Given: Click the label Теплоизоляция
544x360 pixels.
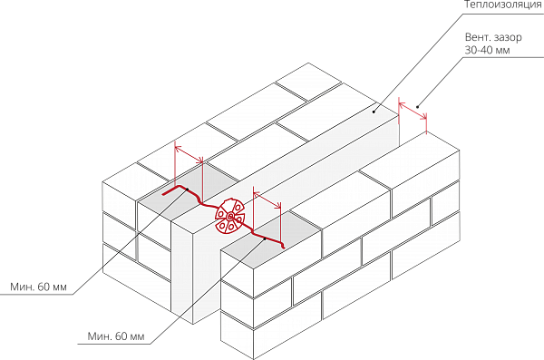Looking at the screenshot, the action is tap(504, 5).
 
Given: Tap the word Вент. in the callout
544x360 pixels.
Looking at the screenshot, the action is tap(477, 37).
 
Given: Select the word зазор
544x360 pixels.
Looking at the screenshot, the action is tap(508, 37).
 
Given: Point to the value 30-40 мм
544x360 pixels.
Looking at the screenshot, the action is tap(488, 50).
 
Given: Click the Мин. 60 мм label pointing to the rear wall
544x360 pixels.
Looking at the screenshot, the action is tap(38, 287).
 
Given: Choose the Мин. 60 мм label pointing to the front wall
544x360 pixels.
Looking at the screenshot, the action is tap(116, 336).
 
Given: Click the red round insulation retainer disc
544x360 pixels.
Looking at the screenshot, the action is tap(230, 218).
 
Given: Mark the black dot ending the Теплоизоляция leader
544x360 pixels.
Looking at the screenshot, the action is tap(374, 112).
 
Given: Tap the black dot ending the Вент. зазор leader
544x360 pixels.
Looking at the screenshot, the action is tap(417, 107).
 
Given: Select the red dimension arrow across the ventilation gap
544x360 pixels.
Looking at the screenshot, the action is tap(413, 111).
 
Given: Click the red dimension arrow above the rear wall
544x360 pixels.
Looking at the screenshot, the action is tap(189, 154).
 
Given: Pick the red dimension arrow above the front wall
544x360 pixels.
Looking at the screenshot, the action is tap(267, 199).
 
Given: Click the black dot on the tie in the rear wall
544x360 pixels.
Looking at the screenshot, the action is tap(187, 190).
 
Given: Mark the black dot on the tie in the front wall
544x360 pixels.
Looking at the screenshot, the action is tap(265, 238).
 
